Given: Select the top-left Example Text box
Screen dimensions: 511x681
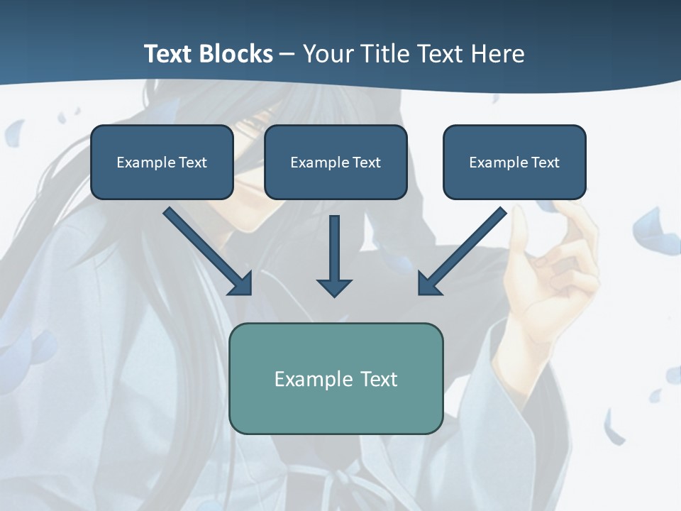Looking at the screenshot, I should pos(162,162).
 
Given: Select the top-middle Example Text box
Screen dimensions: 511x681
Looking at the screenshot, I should pos(336,162).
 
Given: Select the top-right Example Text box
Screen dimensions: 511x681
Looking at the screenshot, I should pos(514,162).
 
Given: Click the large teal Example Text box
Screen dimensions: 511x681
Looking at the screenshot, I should pos(336,378).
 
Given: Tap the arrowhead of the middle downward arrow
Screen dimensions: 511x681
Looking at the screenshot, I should pos(334,287).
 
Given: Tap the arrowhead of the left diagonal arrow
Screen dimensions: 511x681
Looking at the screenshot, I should pos(241,284).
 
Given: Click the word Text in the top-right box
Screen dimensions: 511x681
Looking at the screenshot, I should pos(545,163).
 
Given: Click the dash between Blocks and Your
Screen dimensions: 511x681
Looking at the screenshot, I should pos(287,54).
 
